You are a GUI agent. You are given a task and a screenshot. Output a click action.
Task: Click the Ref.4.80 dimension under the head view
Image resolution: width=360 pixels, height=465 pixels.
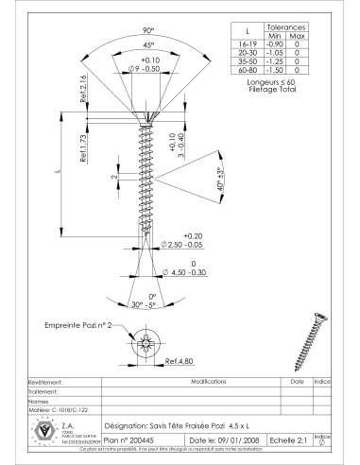pos(179,360)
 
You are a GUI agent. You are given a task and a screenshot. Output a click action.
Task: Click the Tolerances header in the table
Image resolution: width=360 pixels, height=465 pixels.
pos(286,28)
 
